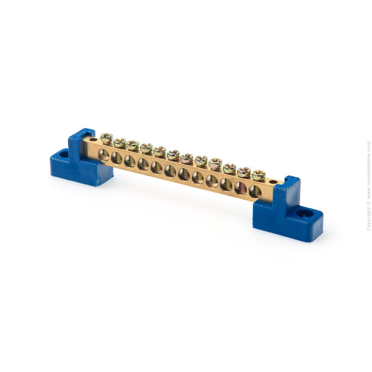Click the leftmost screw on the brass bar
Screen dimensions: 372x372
point(106,138)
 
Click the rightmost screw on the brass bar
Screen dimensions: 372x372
point(258,175)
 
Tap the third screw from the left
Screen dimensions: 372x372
point(133,145)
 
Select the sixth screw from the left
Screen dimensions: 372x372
point(173,155)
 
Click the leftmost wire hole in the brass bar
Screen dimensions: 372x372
point(103,155)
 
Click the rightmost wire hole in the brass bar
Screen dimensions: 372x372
point(255,192)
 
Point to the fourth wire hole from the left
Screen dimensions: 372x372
point(143,164)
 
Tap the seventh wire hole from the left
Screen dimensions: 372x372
point(184,174)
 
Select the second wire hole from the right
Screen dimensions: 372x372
point(241,188)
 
